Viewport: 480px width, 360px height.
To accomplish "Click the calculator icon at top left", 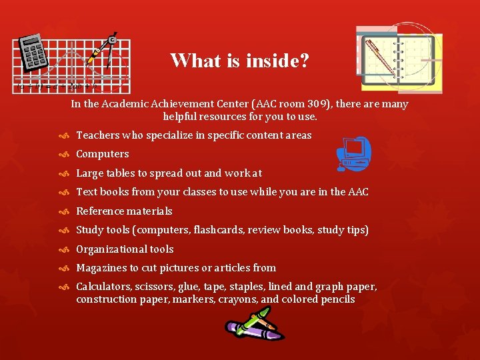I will pyautogui.click(x=34, y=54).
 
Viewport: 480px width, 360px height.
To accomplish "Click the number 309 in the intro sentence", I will pyautogui.click(x=318, y=104).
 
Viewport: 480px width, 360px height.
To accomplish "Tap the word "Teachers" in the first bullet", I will pyautogui.click(x=98, y=135).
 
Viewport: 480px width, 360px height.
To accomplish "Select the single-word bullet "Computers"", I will pyautogui.click(x=103, y=154).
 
